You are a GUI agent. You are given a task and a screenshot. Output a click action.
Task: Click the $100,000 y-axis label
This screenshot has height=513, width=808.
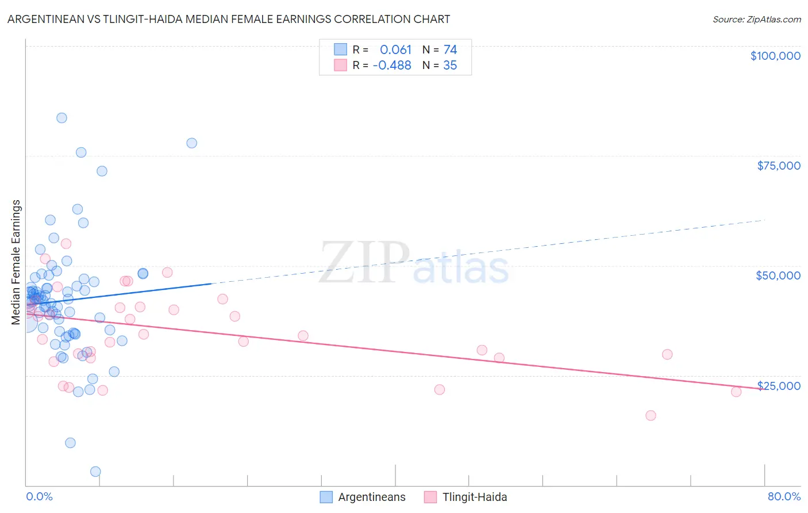point(775,56)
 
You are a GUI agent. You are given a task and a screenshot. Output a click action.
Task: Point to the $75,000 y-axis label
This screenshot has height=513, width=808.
point(779,166)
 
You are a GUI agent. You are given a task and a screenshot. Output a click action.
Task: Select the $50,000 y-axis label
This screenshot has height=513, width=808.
point(778,275)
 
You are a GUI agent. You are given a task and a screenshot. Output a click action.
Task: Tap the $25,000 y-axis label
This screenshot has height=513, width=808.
point(779,386)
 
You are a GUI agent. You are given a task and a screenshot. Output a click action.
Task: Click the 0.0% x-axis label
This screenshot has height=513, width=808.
point(39,496)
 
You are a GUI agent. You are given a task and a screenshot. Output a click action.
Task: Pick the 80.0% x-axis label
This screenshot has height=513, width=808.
point(784,496)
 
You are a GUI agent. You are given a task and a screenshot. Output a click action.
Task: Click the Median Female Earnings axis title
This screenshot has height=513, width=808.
point(16,262)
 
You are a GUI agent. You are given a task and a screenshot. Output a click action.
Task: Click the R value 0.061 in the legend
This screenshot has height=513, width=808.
point(395,50)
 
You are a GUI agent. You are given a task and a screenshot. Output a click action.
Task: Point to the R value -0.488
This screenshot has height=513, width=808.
point(392,66)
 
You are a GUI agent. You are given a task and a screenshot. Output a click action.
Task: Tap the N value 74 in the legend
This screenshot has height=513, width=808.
point(450,50)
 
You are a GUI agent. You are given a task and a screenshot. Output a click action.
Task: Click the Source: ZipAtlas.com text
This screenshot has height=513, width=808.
point(756,20)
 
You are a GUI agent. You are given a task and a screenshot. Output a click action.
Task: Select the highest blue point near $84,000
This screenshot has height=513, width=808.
point(61,118)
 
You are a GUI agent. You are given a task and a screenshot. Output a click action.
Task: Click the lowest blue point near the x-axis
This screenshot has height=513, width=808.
point(95,472)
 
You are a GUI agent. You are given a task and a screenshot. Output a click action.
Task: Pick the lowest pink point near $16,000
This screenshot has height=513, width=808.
point(651,415)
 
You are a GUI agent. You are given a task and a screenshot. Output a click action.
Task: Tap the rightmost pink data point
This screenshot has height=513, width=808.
point(736,392)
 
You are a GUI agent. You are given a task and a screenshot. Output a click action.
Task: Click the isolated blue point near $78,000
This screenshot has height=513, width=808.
point(192,143)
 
